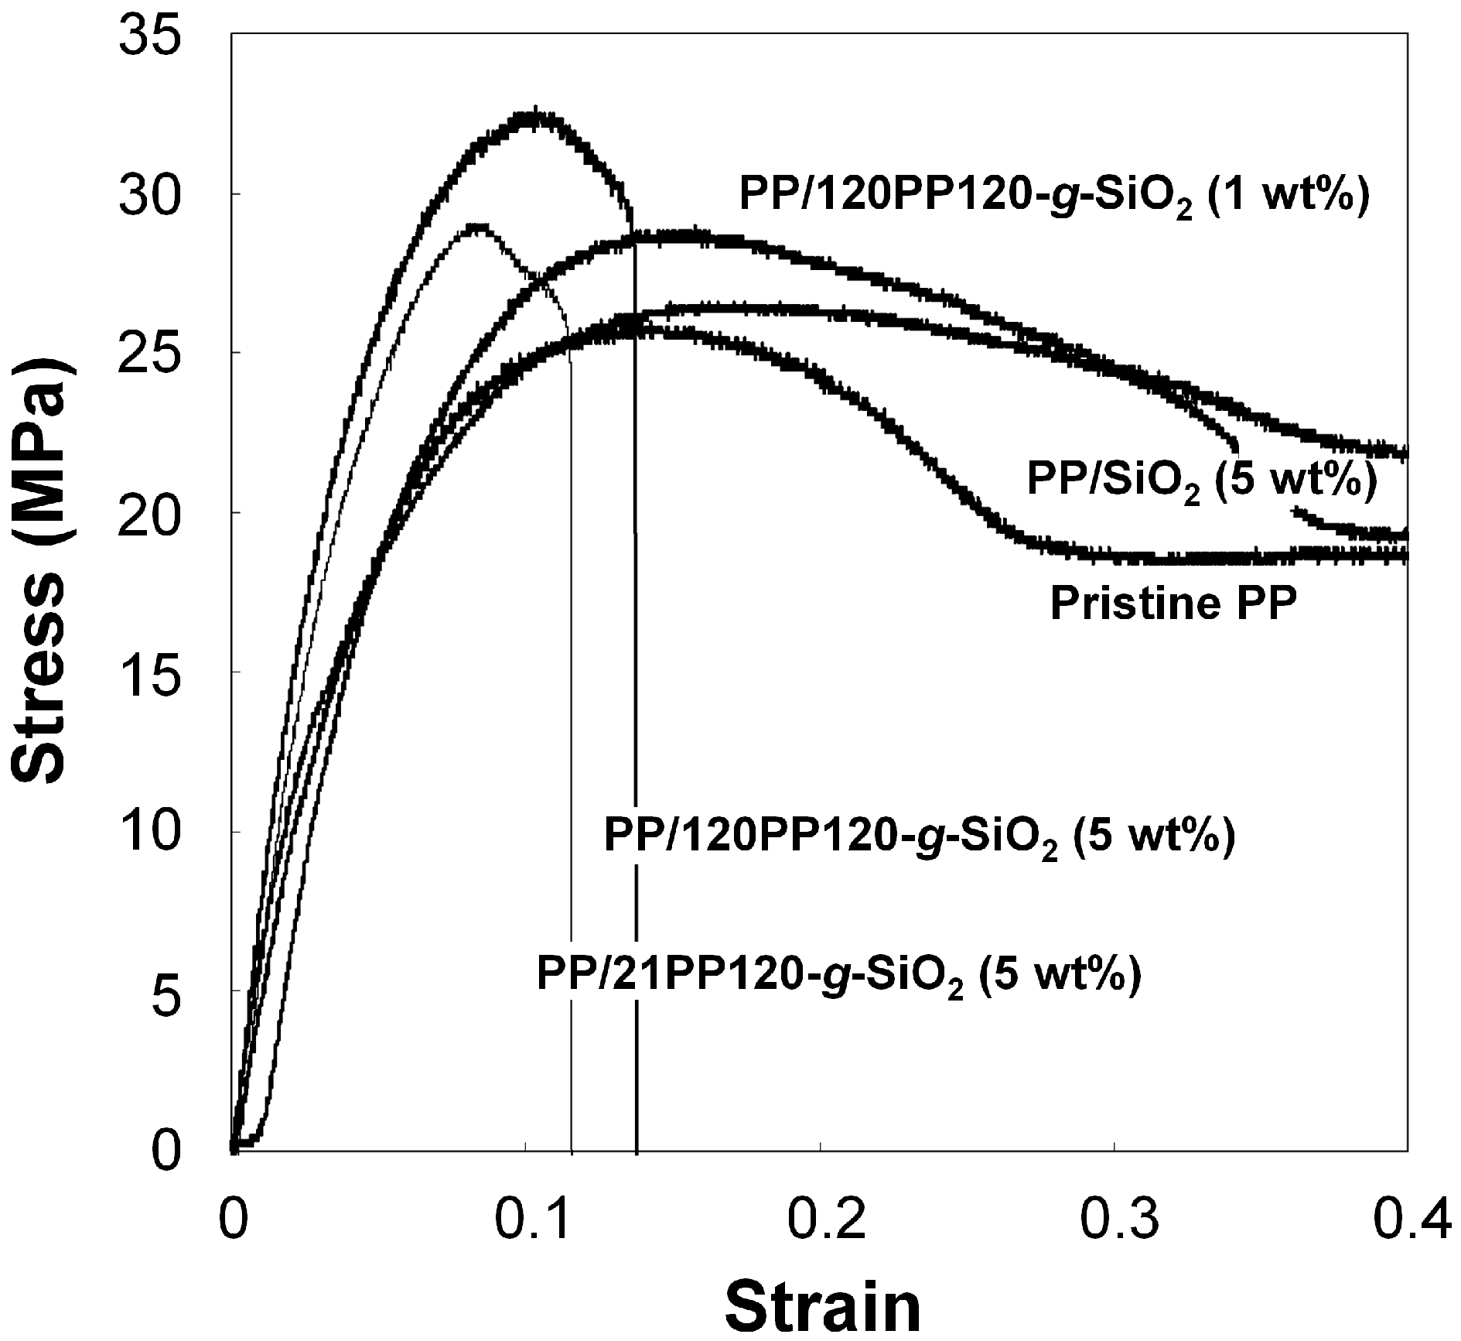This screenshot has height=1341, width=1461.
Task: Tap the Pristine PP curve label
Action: [x=1173, y=604]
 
